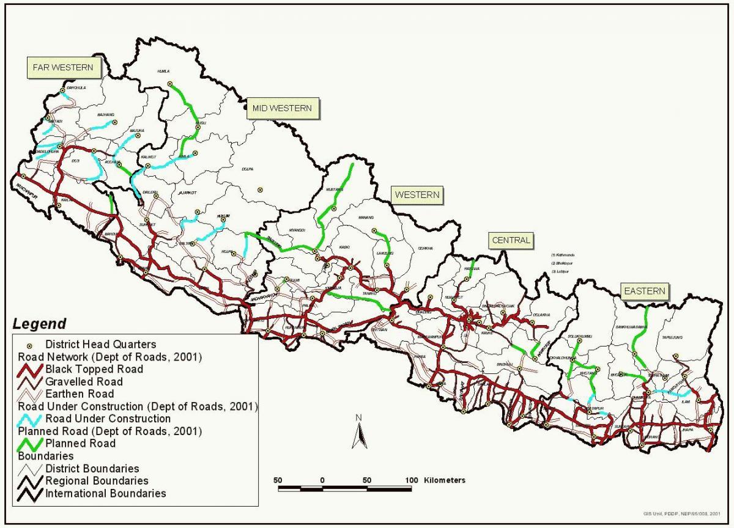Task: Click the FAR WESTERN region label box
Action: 63,67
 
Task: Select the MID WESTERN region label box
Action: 282,108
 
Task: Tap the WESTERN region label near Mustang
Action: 417,195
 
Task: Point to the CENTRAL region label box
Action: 511,240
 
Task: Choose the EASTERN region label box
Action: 644,291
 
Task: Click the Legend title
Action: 40,324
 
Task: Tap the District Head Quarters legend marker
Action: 29,345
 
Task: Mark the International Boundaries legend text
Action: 105,493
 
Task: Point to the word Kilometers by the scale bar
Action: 445,480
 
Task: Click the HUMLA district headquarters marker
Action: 171,84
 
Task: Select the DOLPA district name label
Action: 247,169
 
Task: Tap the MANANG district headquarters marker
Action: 374,231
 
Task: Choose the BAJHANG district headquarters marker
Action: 114,122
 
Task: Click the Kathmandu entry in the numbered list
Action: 562,254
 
